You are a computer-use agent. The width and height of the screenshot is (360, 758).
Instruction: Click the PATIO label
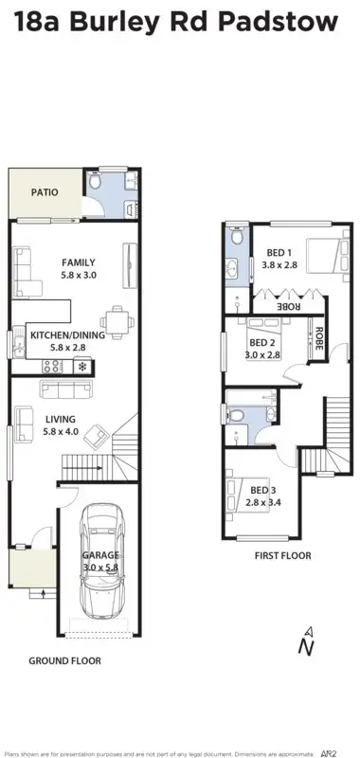pos(44,192)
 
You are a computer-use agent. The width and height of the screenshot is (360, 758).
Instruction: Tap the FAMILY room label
pos(79,262)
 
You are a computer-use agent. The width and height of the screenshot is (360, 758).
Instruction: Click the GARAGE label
pos(99,555)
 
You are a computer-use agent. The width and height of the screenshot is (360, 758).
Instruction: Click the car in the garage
pos(103,559)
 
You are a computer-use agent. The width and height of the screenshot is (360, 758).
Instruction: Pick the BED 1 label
pos(279,252)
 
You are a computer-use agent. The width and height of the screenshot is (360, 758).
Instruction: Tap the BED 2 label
pos(262,343)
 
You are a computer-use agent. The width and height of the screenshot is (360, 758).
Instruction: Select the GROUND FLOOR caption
pos(64,660)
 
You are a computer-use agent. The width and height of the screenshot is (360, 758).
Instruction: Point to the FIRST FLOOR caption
pos(281,556)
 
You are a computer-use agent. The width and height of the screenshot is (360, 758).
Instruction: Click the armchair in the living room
pos(96,436)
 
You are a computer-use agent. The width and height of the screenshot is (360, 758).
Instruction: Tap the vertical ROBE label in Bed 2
pos(320,340)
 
